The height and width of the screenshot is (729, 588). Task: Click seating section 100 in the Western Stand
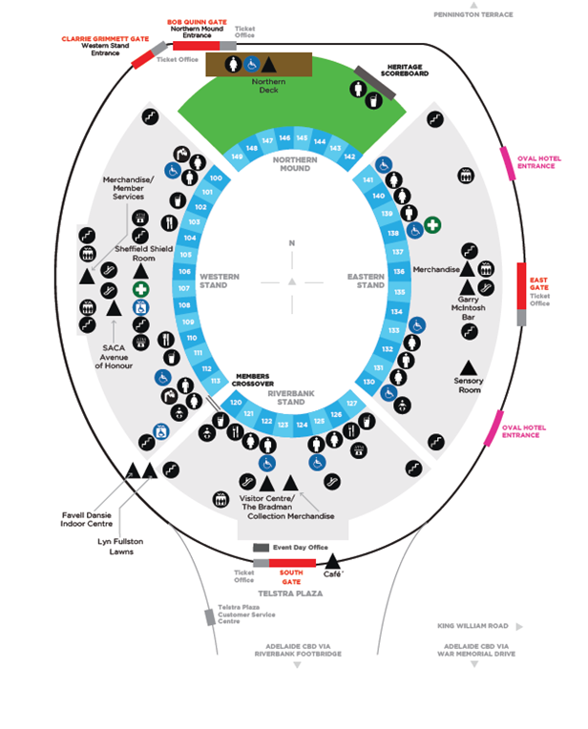[x=216, y=178]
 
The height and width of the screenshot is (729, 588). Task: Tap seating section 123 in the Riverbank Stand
[x=282, y=424]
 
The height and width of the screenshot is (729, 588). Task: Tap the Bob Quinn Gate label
[x=197, y=20]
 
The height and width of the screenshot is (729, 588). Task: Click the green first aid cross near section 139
[x=432, y=225]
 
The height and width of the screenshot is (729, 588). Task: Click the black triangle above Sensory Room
[x=469, y=366]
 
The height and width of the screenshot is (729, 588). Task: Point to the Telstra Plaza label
[x=291, y=594]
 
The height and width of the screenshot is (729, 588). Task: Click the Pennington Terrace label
[x=472, y=15]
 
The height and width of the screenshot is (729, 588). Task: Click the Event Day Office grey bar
[x=261, y=548]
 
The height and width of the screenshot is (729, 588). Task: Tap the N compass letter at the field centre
[x=293, y=243]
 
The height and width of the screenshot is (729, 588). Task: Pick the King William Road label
[x=473, y=626]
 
